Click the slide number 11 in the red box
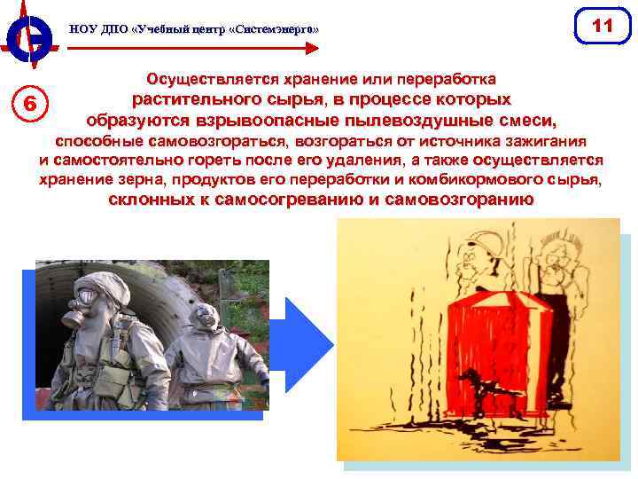coord(603,26)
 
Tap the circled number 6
coord(30,103)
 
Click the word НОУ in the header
coord(82,30)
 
